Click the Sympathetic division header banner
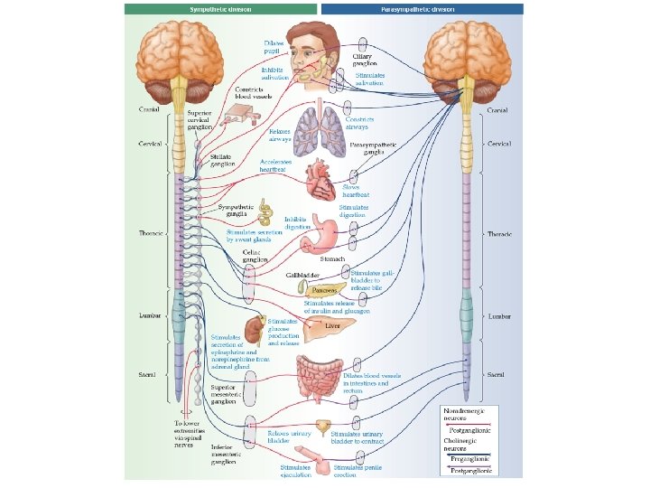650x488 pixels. (221, 9)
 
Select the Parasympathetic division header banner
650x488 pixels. (422, 9)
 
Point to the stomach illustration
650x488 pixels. (320, 237)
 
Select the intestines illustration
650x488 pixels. (318, 375)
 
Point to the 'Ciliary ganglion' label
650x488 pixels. (365, 60)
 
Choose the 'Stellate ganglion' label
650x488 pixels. (222, 160)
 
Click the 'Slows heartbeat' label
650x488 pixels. (356, 192)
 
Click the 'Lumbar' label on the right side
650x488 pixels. (499, 317)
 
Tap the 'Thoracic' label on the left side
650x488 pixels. (150, 233)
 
